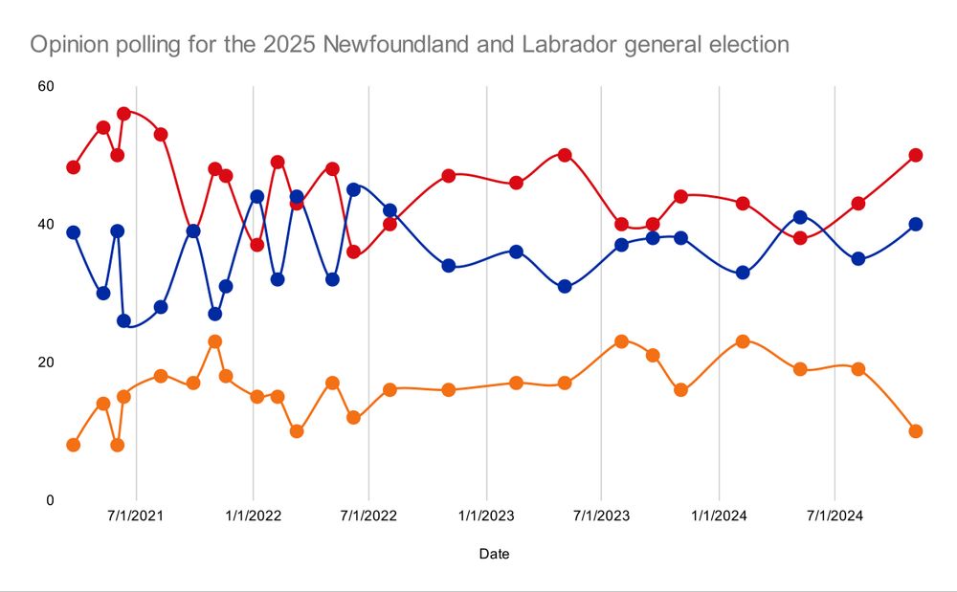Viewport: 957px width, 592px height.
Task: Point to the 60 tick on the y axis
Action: pos(45,87)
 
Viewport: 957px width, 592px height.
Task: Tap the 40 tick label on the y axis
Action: pos(45,225)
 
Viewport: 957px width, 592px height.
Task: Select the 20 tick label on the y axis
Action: pos(45,362)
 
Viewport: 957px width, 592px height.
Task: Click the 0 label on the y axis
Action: pos(50,500)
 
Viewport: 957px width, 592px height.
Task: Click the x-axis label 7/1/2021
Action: pos(136,517)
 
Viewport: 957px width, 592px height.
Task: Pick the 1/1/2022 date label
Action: pos(253,517)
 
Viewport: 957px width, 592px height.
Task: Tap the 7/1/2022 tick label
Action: pos(369,517)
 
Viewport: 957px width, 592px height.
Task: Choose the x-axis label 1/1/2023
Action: pos(486,517)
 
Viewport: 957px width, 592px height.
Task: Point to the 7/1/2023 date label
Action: pos(601,517)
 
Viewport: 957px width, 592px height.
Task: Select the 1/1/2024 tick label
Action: pos(719,517)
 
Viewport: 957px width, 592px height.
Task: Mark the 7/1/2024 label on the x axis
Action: pos(835,517)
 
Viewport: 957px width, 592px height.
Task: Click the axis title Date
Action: pos(494,554)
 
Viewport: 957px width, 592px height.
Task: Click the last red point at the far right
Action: pos(915,155)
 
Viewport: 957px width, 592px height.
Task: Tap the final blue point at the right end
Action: pos(915,224)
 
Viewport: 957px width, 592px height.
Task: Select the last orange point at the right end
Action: pos(915,431)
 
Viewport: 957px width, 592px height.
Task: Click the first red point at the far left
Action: pos(73,167)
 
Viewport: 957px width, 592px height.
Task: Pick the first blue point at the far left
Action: pos(73,232)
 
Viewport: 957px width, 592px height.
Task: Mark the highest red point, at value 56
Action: pos(123,114)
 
